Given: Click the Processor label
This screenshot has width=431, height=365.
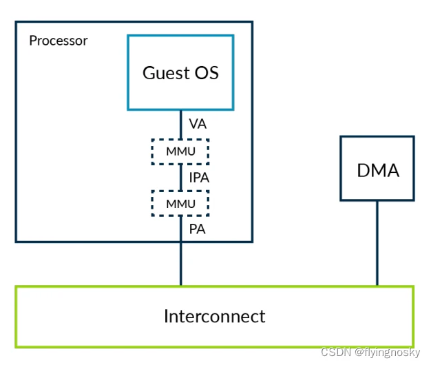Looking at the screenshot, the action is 59,41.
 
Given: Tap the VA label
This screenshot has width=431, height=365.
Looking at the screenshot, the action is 198,124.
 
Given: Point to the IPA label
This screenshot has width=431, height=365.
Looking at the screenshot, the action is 199,178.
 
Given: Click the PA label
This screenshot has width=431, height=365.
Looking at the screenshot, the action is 198,229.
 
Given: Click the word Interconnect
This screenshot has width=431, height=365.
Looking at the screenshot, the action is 215,316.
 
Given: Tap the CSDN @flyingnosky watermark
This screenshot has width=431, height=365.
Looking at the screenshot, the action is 370,352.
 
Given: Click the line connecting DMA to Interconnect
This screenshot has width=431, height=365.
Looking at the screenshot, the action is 377,244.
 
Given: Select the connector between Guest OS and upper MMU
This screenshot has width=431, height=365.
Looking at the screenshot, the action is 181,125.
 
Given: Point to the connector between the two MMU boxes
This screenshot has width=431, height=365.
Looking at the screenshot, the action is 181,178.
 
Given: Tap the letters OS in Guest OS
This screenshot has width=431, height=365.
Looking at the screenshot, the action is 207,73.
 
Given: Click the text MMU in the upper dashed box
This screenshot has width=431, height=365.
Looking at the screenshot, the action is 180,152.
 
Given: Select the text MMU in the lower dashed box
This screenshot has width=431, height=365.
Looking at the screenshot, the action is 180,204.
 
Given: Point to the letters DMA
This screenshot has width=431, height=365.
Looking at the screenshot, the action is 378,170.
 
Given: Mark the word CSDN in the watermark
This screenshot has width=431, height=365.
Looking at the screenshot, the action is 336,352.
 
